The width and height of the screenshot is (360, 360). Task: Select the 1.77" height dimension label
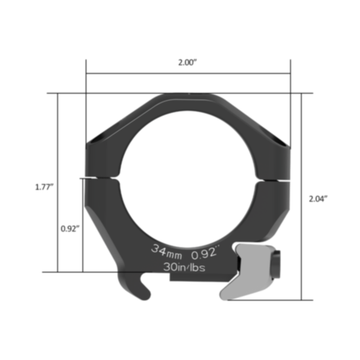[44, 186]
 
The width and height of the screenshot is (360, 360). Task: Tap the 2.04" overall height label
[318, 197]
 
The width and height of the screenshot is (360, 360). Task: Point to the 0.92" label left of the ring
[69, 227]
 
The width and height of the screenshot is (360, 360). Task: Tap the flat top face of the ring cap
[186, 96]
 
